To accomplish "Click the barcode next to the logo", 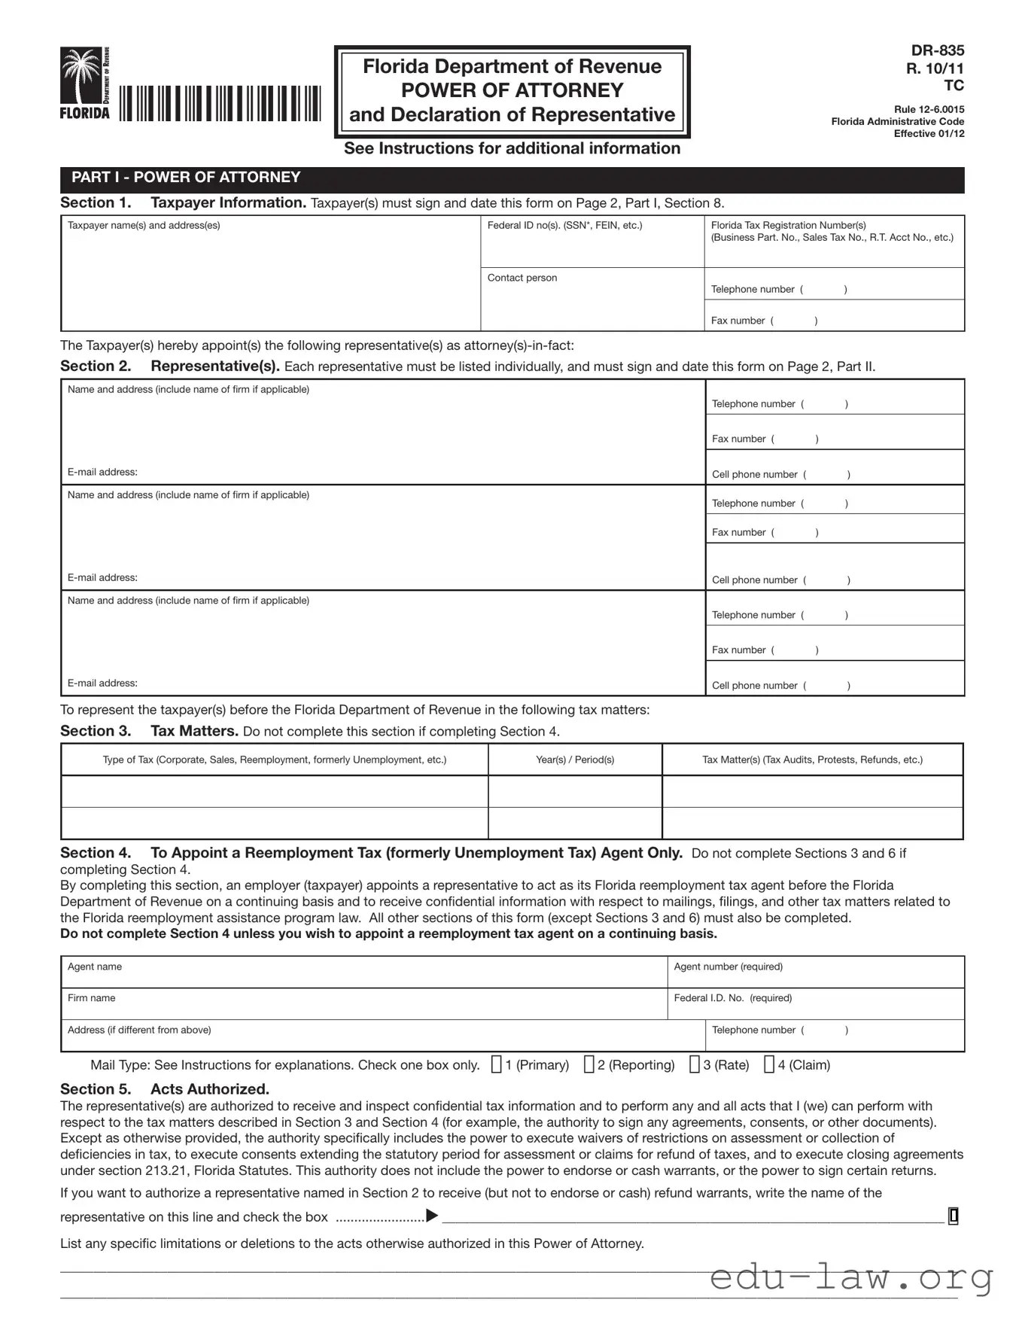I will pyautogui.click(x=220, y=104).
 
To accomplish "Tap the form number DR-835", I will pyautogui.click(x=937, y=50).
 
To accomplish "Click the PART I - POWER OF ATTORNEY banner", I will pyautogui.click(x=186, y=178).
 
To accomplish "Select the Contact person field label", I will pyautogui.click(x=522, y=278).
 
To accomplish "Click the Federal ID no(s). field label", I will pyautogui.click(x=564, y=225).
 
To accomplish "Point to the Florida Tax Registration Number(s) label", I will pyautogui.click(x=788, y=225).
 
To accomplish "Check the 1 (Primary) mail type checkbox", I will pyautogui.click(x=497, y=1064).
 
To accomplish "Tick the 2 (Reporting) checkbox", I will pyautogui.click(x=589, y=1064).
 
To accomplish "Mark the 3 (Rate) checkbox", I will pyautogui.click(x=695, y=1064).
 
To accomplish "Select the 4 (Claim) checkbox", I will pyautogui.click(x=769, y=1064).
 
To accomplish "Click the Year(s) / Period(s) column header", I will pyautogui.click(x=575, y=759).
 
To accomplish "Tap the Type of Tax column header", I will pyautogui.click(x=275, y=759).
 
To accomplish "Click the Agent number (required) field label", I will pyautogui.click(x=728, y=966).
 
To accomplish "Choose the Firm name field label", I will pyautogui.click(x=92, y=998).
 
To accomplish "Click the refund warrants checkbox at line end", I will pyautogui.click(x=954, y=1216).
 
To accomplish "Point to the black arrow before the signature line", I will pyautogui.click(x=432, y=1216).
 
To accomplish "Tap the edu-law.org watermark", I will pyautogui.click(x=850, y=1277).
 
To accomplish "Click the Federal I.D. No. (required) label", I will pyautogui.click(x=732, y=998).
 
